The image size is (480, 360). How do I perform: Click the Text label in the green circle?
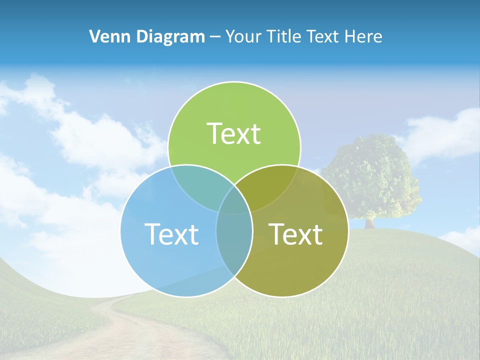[x=234, y=133]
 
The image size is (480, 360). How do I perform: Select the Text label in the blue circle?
[x=171, y=233]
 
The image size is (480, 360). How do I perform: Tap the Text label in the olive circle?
[x=296, y=233]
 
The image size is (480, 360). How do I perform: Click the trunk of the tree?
[x=370, y=222]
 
